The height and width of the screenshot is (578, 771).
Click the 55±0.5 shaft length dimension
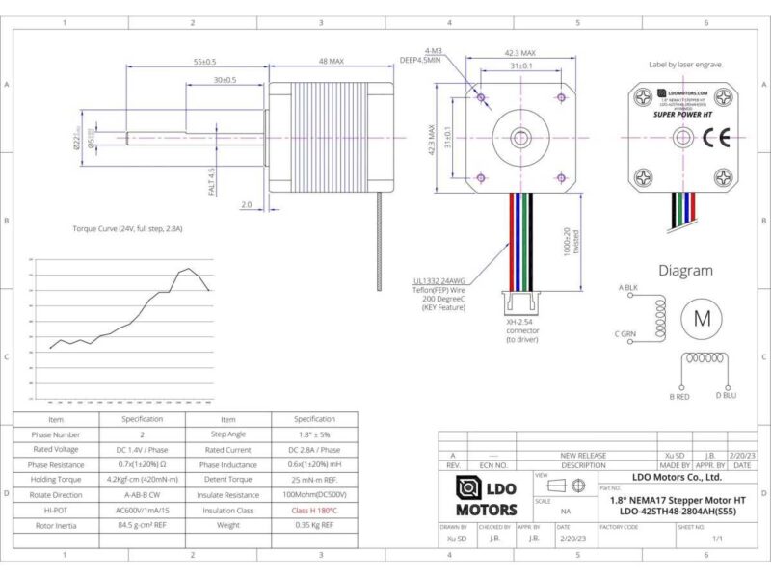pyautogui.click(x=204, y=61)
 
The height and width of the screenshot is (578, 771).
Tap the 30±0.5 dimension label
pyautogui.click(x=226, y=80)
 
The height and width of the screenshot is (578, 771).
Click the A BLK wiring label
pyautogui.click(x=627, y=288)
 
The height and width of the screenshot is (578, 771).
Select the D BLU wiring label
pyautogui.click(x=726, y=396)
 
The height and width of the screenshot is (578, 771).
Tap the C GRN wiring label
pyautogui.click(x=626, y=334)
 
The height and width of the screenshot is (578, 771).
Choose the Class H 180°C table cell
pyautogui.click(x=314, y=510)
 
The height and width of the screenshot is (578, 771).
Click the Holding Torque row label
pyautogui.click(x=56, y=480)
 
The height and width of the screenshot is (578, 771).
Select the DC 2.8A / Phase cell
pyautogui.click(x=314, y=450)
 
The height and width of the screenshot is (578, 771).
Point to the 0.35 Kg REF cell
pyautogui.click(x=314, y=525)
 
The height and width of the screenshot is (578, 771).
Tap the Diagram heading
pyautogui.click(x=685, y=271)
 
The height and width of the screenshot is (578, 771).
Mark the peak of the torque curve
pyautogui.click(x=189, y=269)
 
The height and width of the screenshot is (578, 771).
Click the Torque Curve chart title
pyautogui.click(x=127, y=229)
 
